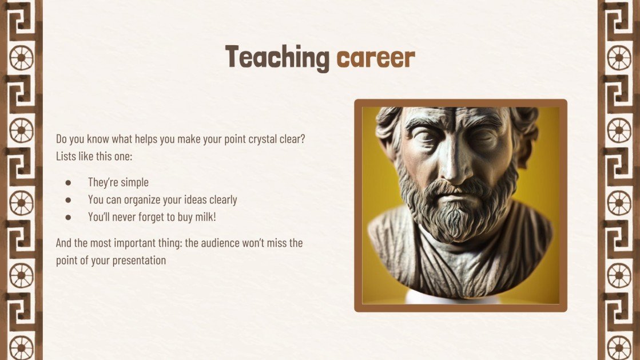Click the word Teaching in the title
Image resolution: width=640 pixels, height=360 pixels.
coord(276,58)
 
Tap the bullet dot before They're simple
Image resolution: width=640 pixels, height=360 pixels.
coord(68,183)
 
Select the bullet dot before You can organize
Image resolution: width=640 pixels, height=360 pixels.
coord(68,200)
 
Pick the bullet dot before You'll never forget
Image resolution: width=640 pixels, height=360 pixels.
coord(68,217)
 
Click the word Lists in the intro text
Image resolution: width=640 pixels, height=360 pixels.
coord(66,156)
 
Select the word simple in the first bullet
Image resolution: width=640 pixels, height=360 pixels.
coord(134,183)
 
